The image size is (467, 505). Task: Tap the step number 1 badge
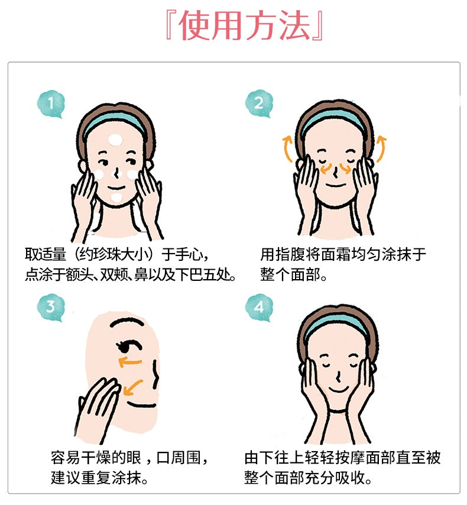tap(51, 103)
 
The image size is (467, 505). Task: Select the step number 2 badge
tap(259, 103)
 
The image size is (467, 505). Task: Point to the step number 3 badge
tap(51, 307)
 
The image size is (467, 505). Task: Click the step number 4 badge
tap(259, 307)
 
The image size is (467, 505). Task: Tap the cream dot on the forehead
tap(115, 140)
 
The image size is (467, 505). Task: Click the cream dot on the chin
tap(116, 198)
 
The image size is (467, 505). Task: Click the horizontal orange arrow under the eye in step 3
tap(131, 362)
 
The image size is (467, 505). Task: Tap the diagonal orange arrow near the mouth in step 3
tap(132, 387)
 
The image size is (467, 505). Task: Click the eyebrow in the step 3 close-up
tap(128, 322)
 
